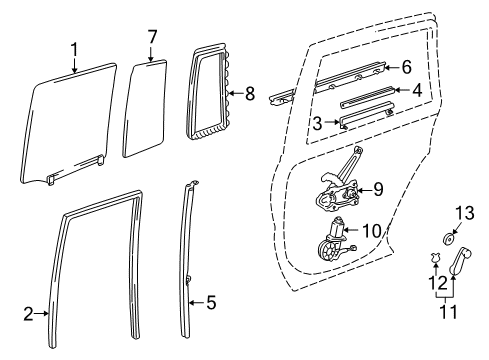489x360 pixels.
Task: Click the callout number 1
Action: tap(73, 47)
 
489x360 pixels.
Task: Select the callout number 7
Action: tap(152, 37)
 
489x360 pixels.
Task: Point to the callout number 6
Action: tap(406, 67)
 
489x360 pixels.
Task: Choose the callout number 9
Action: tap(378, 188)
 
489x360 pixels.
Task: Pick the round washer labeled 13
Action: tap(449, 267)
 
